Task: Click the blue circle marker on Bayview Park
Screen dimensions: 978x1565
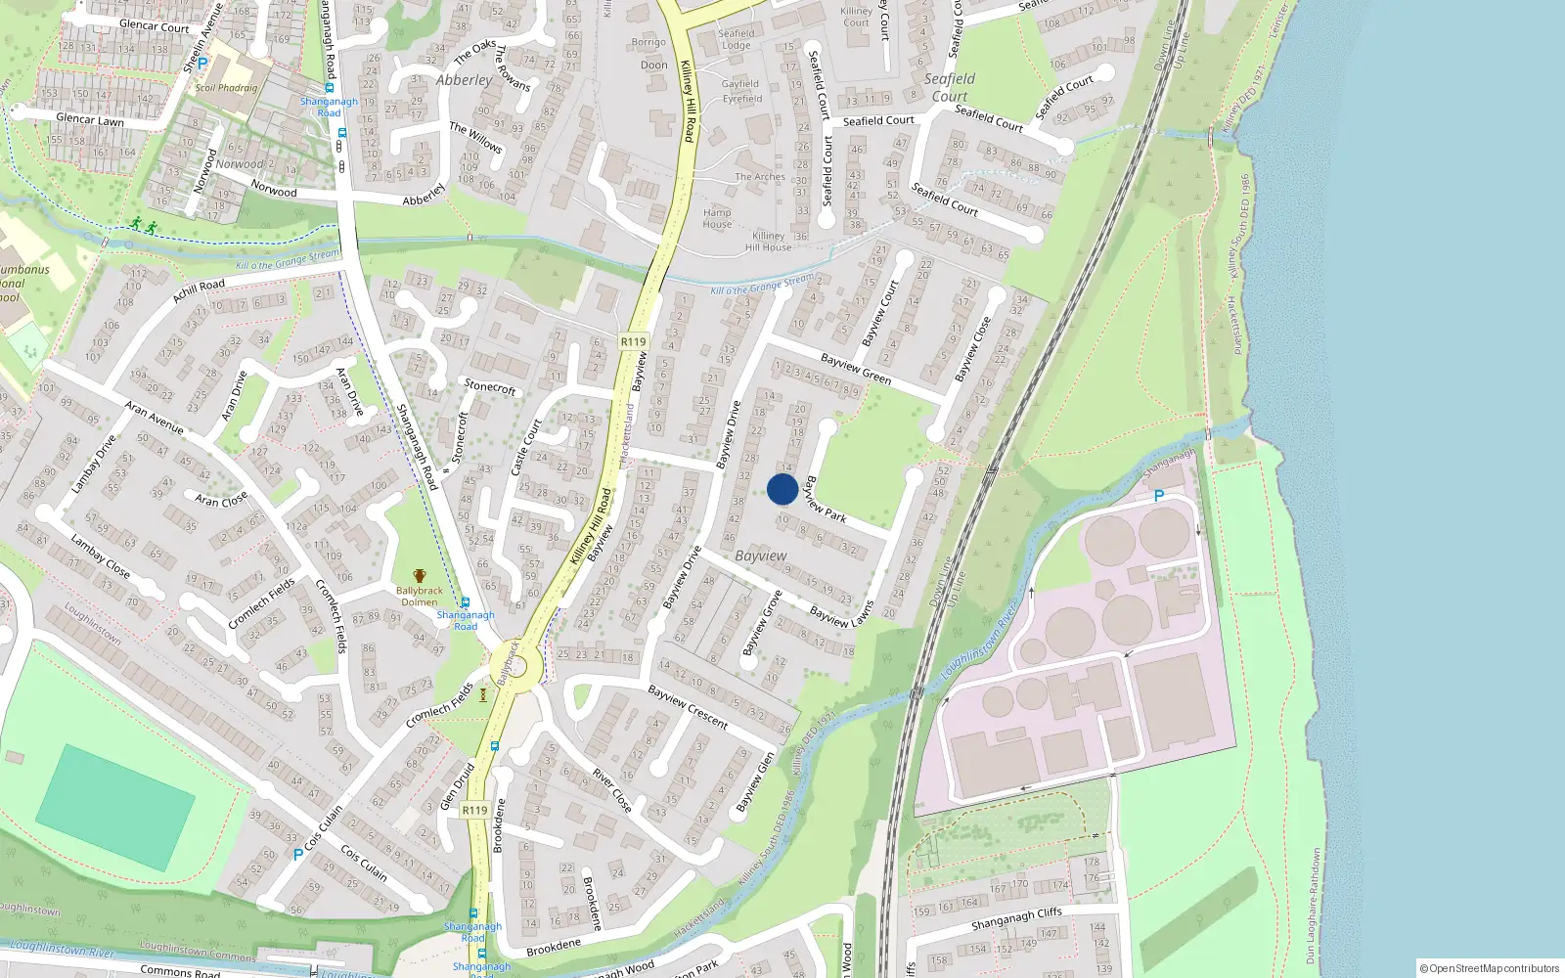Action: coord(782,489)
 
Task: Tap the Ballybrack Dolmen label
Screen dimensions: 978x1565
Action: coord(420,596)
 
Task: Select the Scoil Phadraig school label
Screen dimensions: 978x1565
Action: coord(226,88)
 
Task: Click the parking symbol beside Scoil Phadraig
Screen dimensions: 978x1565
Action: coord(202,64)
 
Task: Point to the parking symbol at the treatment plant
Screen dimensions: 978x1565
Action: coord(1159,496)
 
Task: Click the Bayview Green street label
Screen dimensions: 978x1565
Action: coord(856,369)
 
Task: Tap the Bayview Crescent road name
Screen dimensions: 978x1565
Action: coord(688,706)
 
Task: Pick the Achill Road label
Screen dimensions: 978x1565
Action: coord(199,291)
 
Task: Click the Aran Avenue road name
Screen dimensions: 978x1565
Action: coord(154,418)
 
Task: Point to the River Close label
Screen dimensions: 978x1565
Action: coord(612,790)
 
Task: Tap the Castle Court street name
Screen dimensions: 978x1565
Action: coord(526,446)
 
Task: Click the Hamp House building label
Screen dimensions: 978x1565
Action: coord(717,218)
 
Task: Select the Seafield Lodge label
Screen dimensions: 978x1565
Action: coord(737,39)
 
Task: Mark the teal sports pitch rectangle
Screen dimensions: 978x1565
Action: coord(115,807)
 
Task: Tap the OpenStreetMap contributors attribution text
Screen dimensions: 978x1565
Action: coord(1490,968)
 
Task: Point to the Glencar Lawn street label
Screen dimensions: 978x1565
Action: coord(90,120)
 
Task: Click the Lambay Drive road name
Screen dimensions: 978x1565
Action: coord(94,464)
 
